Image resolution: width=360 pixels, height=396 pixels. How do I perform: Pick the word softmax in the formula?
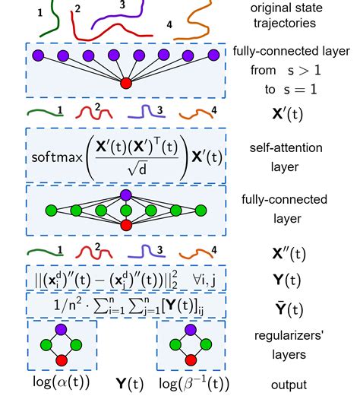[58, 158]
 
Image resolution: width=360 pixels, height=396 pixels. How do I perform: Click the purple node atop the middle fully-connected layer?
[125, 195]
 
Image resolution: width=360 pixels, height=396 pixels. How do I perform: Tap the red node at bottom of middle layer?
[125, 224]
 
